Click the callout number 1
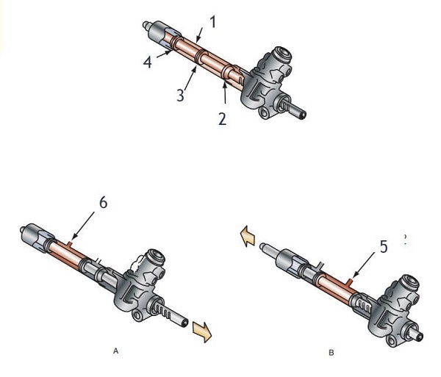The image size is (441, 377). [x=213, y=21]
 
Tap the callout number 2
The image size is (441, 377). [x=222, y=119]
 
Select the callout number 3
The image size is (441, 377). [x=180, y=95]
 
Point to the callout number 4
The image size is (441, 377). [x=148, y=62]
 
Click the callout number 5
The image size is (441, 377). [x=384, y=246]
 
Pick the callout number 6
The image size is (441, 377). [x=104, y=202]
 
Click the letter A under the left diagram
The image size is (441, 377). [x=115, y=351]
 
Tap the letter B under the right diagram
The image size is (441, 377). [x=331, y=353]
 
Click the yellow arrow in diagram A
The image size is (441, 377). [x=202, y=331]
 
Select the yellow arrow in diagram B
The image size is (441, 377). [x=247, y=236]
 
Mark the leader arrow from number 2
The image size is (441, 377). [x=225, y=93]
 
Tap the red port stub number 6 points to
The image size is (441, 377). [x=70, y=244]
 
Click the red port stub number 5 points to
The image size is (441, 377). [x=349, y=281]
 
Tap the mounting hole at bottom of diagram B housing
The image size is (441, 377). [x=391, y=341]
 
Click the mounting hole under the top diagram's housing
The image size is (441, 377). [x=264, y=113]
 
